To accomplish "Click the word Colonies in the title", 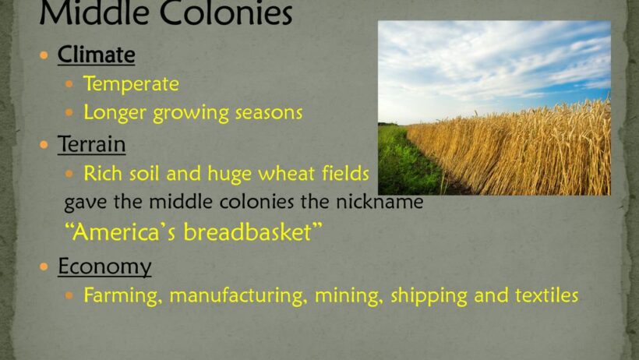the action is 226,13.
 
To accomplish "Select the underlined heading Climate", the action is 96,55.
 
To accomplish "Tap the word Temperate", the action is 131,84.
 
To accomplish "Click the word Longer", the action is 115,113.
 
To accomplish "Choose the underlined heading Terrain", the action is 92,144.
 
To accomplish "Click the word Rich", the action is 104,173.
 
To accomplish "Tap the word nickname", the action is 380,202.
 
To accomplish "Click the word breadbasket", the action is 247,232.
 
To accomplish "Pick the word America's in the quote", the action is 125,232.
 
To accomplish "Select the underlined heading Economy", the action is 104,266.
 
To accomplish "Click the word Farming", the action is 121,295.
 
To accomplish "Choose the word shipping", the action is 429,296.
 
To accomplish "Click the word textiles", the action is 546,295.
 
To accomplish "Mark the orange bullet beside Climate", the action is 44,55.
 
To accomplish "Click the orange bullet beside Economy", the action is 44,266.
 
